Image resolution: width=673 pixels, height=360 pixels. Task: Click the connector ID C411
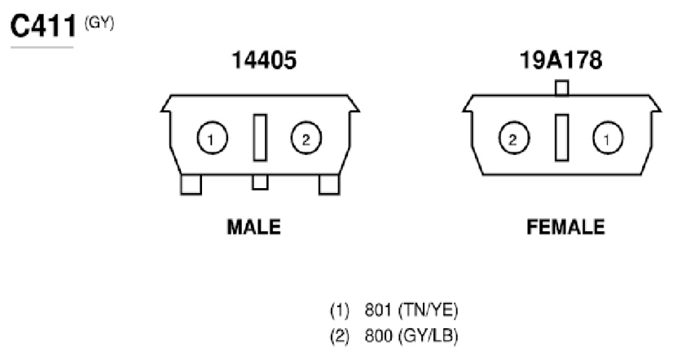point(43,26)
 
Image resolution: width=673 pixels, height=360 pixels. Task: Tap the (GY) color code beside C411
point(99,23)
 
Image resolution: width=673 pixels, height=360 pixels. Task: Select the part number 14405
point(264,60)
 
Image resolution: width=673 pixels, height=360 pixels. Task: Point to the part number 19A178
point(561,60)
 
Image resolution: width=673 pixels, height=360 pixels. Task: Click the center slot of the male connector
point(260,138)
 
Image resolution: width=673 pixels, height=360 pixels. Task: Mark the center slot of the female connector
point(562,138)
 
